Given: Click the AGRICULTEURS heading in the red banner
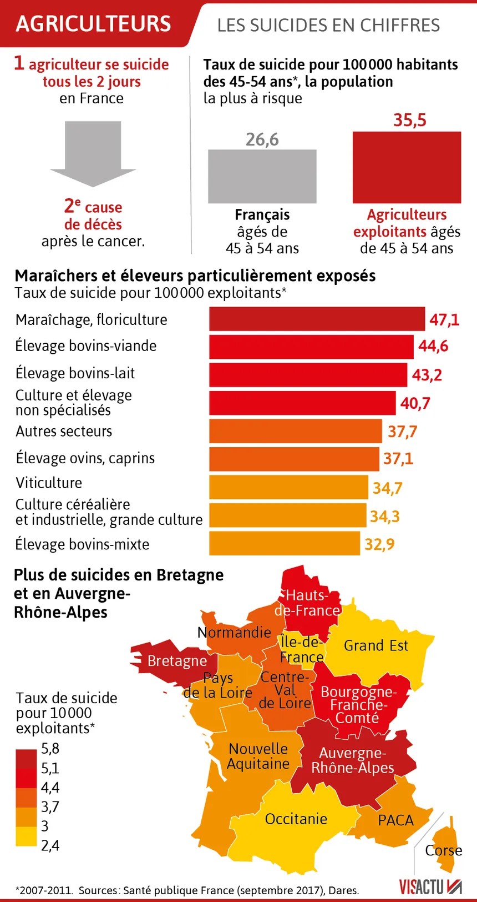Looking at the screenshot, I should coord(94,23).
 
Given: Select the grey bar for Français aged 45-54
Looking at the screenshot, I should coord(262,176).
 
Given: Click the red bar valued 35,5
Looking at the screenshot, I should coord(407,167).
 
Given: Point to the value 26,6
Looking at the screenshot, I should coord(262,139).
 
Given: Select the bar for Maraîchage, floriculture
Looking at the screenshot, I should coord(317,319).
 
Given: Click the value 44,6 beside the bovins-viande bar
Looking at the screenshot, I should coord(433,346).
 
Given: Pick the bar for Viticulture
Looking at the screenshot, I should coord(288,487).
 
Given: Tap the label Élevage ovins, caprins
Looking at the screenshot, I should coord(85,458).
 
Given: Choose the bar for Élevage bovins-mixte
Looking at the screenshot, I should coord(284,543).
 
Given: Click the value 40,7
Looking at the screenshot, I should coord(415,403).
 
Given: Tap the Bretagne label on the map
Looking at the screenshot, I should coord(176,661).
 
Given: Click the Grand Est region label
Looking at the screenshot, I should coord(375,645).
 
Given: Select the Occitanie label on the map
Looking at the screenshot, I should coord(296,819).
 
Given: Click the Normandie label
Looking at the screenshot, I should coord(234,632).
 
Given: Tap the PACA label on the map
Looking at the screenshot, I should coord(395,820).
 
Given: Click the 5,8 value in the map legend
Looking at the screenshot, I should coord(50,749).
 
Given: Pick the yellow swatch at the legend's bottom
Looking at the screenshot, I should coord(26,836).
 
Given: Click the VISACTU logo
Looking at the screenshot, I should coord(430,886).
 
